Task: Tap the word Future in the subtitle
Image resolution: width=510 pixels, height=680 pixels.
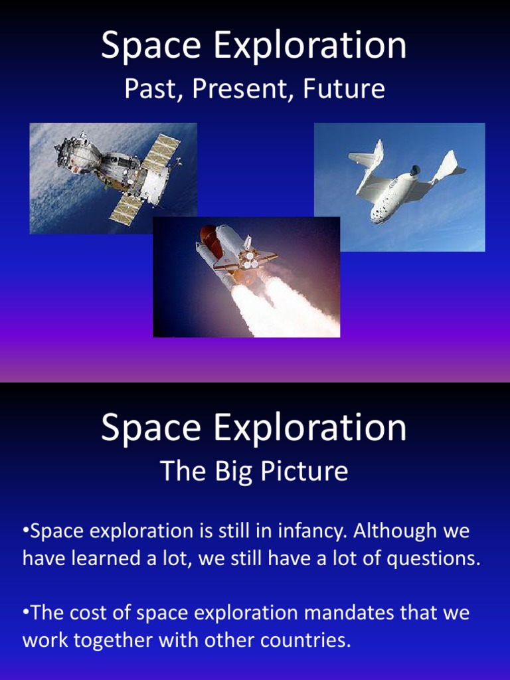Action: pos(344,89)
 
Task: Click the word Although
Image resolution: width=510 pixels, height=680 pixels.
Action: pos(393,531)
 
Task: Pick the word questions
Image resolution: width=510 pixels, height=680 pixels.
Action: pos(433,558)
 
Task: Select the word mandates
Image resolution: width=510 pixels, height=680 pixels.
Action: pos(352,613)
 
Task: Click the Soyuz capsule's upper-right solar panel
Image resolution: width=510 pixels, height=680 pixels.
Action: pos(163,150)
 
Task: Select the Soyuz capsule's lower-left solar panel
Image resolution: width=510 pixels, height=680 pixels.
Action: pos(126,206)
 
